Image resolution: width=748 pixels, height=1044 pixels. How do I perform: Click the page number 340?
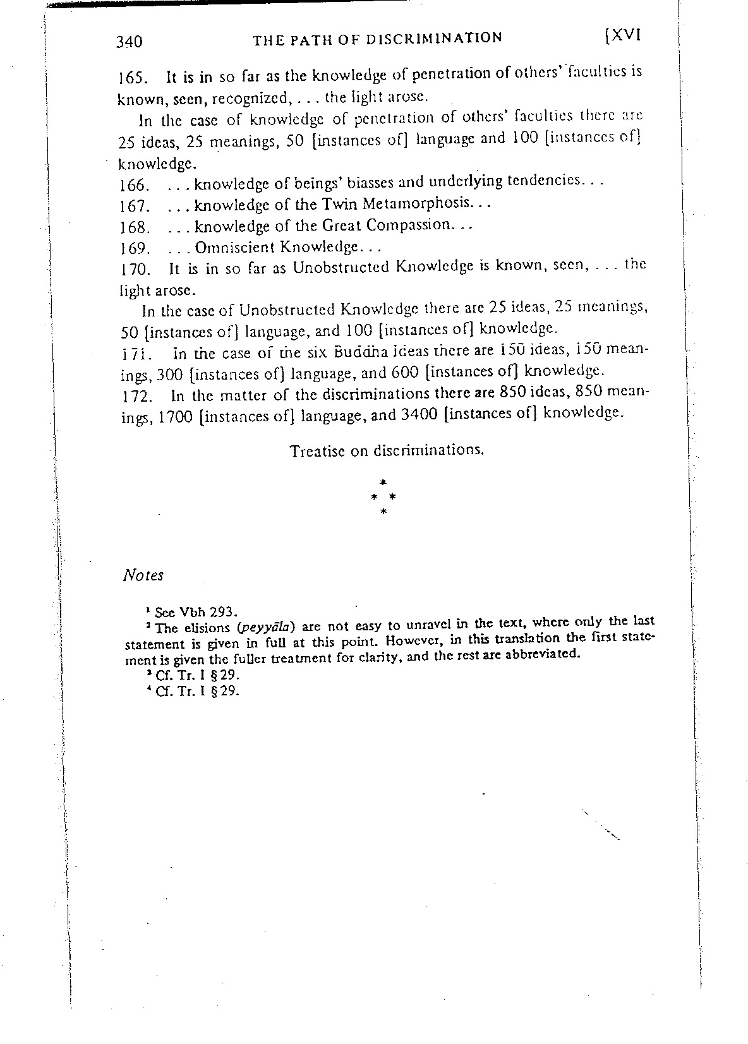point(130,42)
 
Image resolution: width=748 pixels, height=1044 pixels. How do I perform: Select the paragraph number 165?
point(133,79)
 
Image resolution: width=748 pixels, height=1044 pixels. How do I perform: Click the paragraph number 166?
point(133,186)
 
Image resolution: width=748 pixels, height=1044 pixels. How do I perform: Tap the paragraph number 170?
point(134,270)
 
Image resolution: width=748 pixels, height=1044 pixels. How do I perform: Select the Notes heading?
point(143,575)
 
